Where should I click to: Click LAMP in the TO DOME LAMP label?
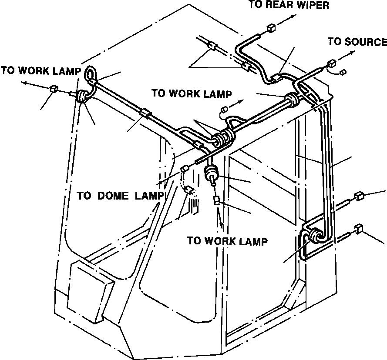pyautogui.click(x=148, y=196)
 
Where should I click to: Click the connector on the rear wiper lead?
pyautogui.click(x=271, y=29)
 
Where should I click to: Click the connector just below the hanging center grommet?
pyautogui.click(x=216, y=200)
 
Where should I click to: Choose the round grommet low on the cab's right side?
pyautogui.click(x=314, y=236)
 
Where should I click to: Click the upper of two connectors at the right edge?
pyautogui.click(x=360, y=196)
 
